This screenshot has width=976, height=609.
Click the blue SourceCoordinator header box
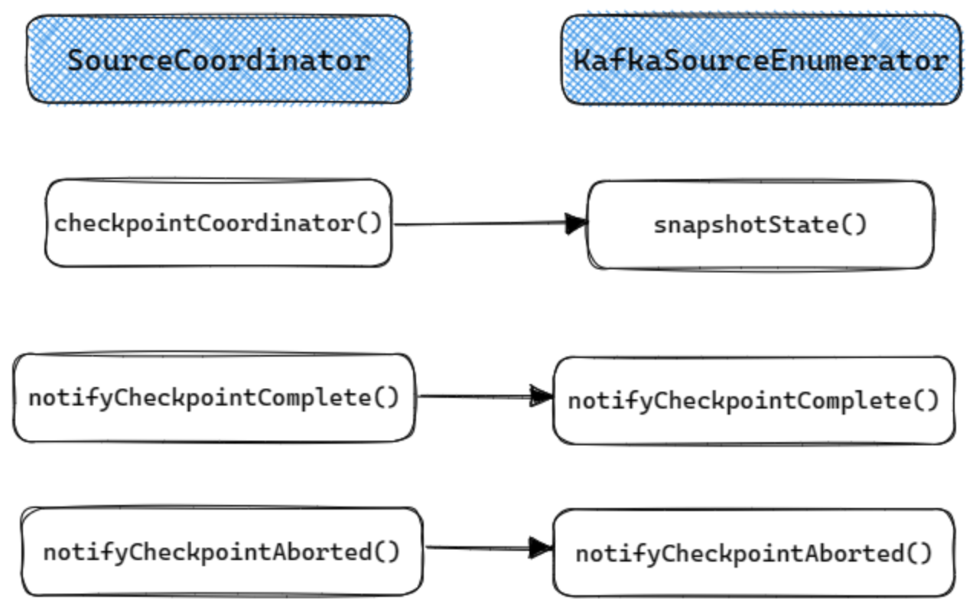coord(219,60)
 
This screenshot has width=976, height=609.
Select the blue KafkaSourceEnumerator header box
coord(761,60)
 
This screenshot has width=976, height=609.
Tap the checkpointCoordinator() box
coord(218,223)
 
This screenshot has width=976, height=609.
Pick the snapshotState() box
coord(760,225)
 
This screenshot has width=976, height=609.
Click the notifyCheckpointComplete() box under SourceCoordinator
coord(214,398)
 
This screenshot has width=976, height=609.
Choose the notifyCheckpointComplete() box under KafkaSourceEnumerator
coord(753,400)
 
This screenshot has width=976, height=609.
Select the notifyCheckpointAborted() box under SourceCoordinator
coord(222,552)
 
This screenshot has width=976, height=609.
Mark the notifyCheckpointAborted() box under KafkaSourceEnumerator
coord(753,553)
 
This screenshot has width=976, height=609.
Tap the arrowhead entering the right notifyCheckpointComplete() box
coord(542,396)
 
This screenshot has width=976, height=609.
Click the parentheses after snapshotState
coord(856,225)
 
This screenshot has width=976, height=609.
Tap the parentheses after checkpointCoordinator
coord(369,223)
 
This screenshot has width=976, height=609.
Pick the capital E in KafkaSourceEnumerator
coord(772,60)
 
